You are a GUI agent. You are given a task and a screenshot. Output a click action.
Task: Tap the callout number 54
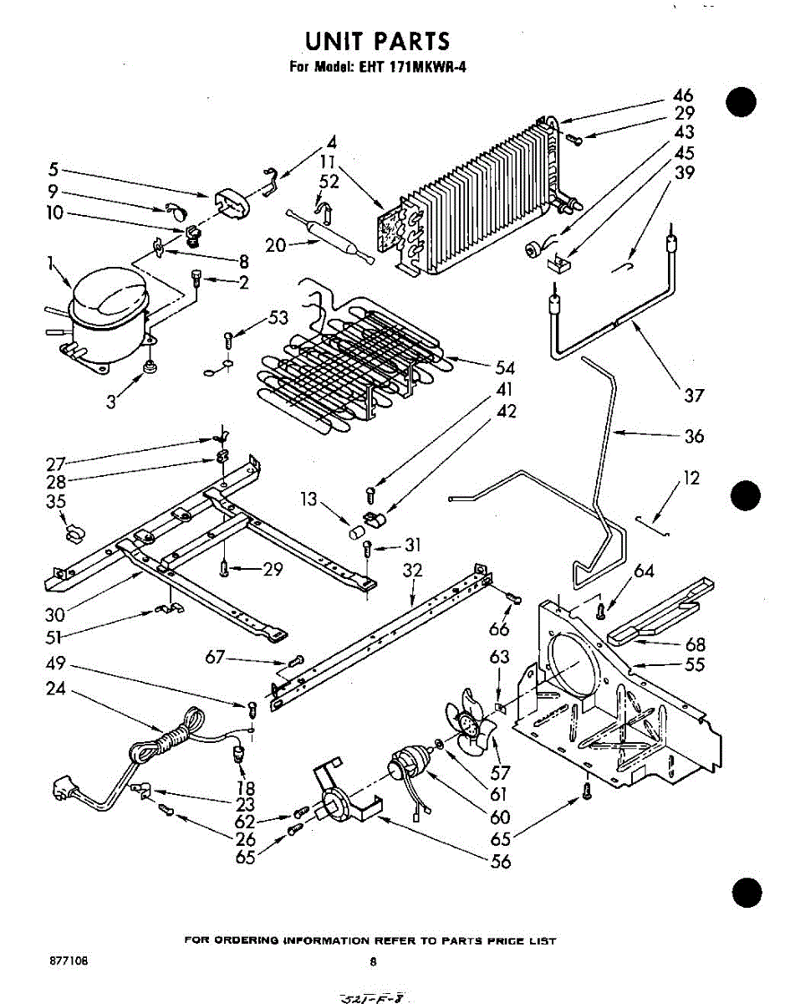pyautogui.click(x=505, y=368)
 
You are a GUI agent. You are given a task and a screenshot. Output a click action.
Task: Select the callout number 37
pyautogui.click(x=694, y=395)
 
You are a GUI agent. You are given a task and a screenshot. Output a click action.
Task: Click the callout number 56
pyautogui.click(x=500, y=861)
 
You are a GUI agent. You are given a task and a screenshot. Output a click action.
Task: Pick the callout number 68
pyautogui.click(x=694, y=644)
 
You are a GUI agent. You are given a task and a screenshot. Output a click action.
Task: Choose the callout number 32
pyautogui.click(x=412, y=571)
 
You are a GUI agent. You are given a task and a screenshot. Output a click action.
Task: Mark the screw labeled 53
pyautogui.click(x=229, y=340)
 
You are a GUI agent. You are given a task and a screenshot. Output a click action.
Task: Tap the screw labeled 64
pyautogui.click(x=599, y=610)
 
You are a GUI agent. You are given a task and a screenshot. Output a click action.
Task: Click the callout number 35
pyautogui.click(x=56, y=502)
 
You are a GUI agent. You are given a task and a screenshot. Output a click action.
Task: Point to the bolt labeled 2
pyautogui.click(x=197, y=277)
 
